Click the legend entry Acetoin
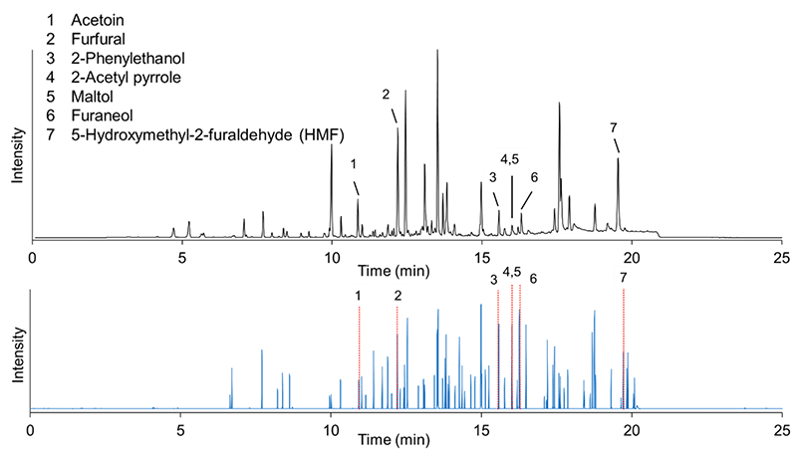97,20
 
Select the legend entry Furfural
98,39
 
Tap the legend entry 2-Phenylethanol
128,59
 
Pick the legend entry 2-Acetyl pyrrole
127,78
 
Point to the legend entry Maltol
92,97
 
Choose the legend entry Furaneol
102,115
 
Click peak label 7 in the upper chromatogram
614,128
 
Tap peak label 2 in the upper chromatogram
386,94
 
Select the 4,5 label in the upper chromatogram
510,159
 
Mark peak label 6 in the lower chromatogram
533,279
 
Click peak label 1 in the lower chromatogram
359,296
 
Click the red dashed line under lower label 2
397,356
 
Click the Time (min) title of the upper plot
394,271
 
